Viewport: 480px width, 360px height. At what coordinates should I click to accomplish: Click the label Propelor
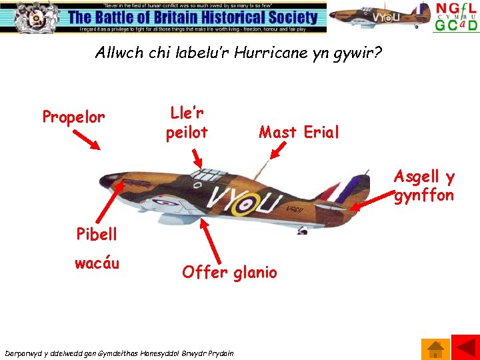tap(73, 117)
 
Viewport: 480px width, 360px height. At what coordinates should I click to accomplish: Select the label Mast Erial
tap(299, 132)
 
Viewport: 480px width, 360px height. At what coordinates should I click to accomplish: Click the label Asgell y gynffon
tap(424, 185)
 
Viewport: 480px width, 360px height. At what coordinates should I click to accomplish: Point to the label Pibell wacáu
tap(97, 249)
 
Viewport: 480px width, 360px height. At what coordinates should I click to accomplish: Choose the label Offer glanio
tap(229, 272)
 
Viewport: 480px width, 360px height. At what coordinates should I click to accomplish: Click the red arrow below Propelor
tap(87, 140)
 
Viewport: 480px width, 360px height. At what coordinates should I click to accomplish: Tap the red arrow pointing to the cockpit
tap(197, 157)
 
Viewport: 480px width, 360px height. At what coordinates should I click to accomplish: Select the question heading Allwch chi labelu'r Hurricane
tap(239, 52)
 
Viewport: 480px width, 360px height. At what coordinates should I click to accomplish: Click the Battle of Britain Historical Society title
tap(193, 17)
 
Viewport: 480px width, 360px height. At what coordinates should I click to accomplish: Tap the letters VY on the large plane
tap(225, 198)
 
